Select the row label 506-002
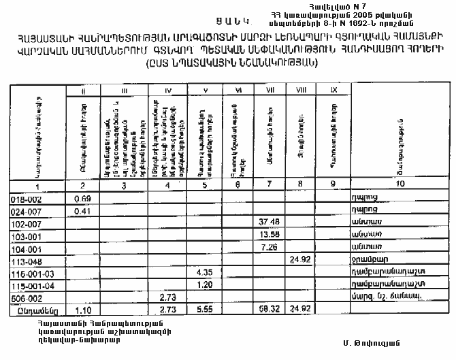click(x=25, y=297)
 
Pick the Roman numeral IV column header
click(x=168, y=89)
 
